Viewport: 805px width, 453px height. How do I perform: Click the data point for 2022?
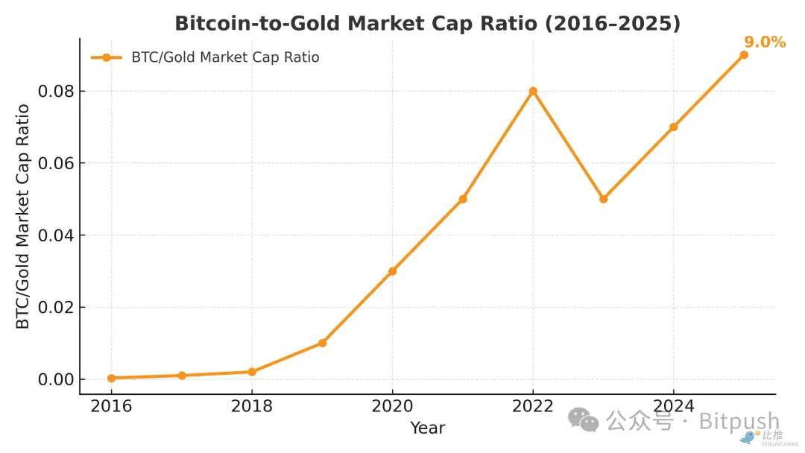tap(533, 92)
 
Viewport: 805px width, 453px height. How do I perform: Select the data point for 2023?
tap(604, 199)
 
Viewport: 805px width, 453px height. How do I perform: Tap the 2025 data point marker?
tap(744, 55)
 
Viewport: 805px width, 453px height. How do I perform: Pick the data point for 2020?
tap(393, 271)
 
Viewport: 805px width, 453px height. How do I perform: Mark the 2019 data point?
tap(322, 343)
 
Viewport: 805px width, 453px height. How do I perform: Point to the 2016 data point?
tap(112, 378)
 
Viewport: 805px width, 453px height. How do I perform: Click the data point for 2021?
tap(463, 199)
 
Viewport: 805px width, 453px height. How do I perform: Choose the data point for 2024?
tap(674, 127)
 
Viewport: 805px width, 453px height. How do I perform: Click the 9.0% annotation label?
tap(765, 42)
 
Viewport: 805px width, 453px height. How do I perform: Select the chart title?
tap(427, 23)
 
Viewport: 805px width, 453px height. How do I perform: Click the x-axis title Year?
tap(428, 428)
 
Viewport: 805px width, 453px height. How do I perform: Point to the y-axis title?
tap(23, 216)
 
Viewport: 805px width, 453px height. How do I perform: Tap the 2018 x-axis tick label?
tap(252, 406)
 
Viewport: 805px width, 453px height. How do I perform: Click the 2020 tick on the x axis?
tap(393, 406)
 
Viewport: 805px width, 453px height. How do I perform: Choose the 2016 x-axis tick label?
tap(112, 406)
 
